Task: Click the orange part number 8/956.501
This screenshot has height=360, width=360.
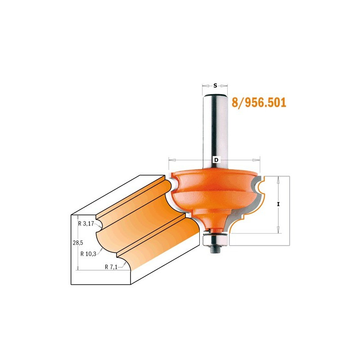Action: (259, 103)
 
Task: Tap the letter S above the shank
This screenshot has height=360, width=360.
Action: (215, 85)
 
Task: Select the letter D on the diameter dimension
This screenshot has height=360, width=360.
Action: (216, 160)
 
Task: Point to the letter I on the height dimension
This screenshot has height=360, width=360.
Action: (278, 204)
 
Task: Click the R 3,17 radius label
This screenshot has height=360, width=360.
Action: (86, 223)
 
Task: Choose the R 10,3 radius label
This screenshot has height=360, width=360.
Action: (88, 254)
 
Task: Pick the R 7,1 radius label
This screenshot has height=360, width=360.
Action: (111, 267)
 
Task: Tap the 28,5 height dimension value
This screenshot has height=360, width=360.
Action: (78, 243)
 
